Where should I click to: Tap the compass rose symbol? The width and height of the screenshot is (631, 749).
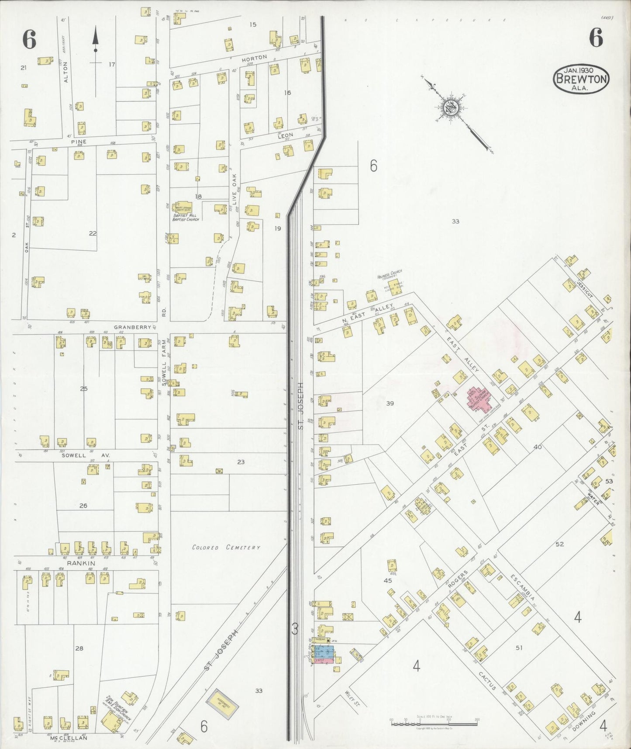coord(450,108)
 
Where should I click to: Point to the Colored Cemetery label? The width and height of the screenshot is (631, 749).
coord(226,547)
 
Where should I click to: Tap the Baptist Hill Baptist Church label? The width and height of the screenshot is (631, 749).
coord(186,217)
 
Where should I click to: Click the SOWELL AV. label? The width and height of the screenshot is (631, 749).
coord(85,455)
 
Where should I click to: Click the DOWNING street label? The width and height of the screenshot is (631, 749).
coord(583,722)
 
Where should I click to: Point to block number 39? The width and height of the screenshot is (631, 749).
coord(390,403)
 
